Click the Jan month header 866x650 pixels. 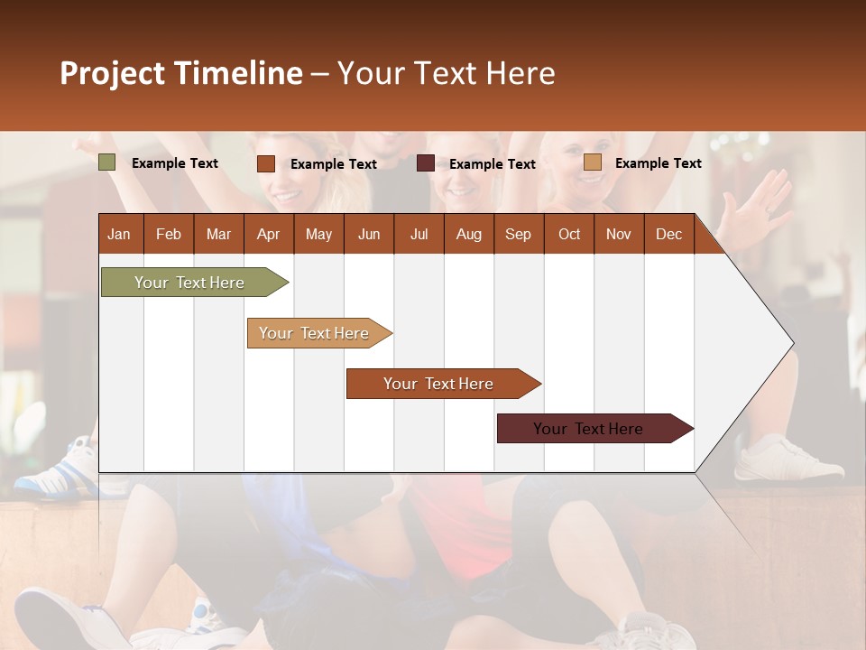pos(119,234)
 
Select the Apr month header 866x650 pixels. pos(268,234)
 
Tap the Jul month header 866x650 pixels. pos(419,234)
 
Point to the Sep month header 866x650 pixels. pos(518,234)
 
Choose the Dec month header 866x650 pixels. pos(668,234)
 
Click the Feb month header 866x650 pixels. pos(169,234)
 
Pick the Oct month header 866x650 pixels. pos(569,234)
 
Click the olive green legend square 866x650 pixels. pos(107,162)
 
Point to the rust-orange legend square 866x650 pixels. pos(266,163)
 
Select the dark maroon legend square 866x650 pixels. pos(426,163)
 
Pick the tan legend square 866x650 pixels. pos(593,162)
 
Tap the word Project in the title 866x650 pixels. pos(113,73)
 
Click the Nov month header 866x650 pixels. pos(619,234)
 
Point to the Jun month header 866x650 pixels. pos(369,234)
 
